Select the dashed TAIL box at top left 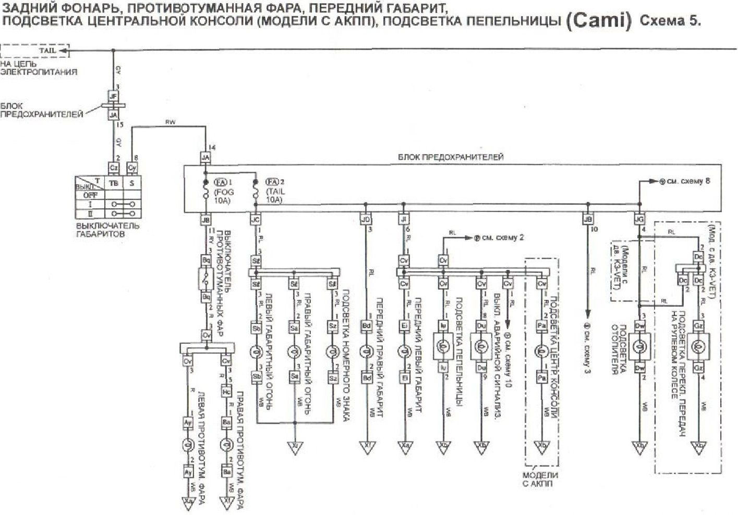pyautogui.click(x=34, y=51)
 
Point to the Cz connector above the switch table pyautogui.click(x=113, y=168)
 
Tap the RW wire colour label pyautogui.click(x=170, y=122)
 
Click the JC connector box pyautogui.click(x=255, y=220)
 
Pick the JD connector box pyautogui.click(x=366, y=220)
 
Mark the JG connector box pyautogui.click(x=639, y=220)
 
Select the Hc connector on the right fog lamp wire pyautogui.click(x=226, y=392)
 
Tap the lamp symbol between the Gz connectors pyautogui.click(x=699, y=346)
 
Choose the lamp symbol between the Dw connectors pyautogui.click(x=639, y=346)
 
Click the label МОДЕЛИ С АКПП pyautogui.click(x=540, y=479)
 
